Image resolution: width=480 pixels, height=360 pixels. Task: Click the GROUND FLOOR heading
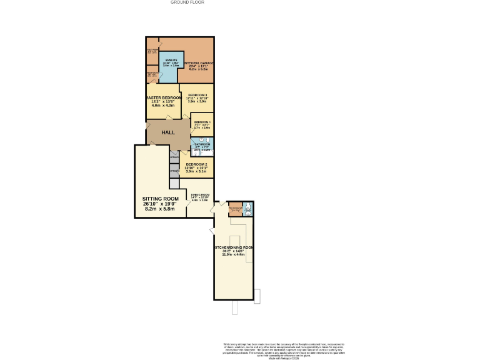[187, 2]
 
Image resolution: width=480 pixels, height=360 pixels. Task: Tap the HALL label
[168, 133]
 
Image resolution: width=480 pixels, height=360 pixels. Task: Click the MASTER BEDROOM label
[164, 98]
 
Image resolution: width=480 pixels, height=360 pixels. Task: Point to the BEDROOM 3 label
[197, 95]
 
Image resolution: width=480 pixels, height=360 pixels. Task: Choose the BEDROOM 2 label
[197, 164]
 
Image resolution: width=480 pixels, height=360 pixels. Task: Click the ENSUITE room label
[171, 59]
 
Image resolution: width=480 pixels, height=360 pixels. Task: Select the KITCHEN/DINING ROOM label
[234, 248]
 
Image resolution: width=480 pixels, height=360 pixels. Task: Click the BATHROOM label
[202, 144]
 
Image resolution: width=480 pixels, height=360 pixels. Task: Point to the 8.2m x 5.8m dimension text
[160, 209]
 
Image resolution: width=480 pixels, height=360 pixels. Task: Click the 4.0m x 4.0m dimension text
[164, 106]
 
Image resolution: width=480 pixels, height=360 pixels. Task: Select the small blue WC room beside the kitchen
[248, 209]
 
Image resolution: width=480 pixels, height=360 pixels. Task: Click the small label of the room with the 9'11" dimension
[202, 122]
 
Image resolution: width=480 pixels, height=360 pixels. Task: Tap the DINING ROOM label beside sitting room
[200, 195]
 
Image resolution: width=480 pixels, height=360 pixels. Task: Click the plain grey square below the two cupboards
[174, 183]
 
